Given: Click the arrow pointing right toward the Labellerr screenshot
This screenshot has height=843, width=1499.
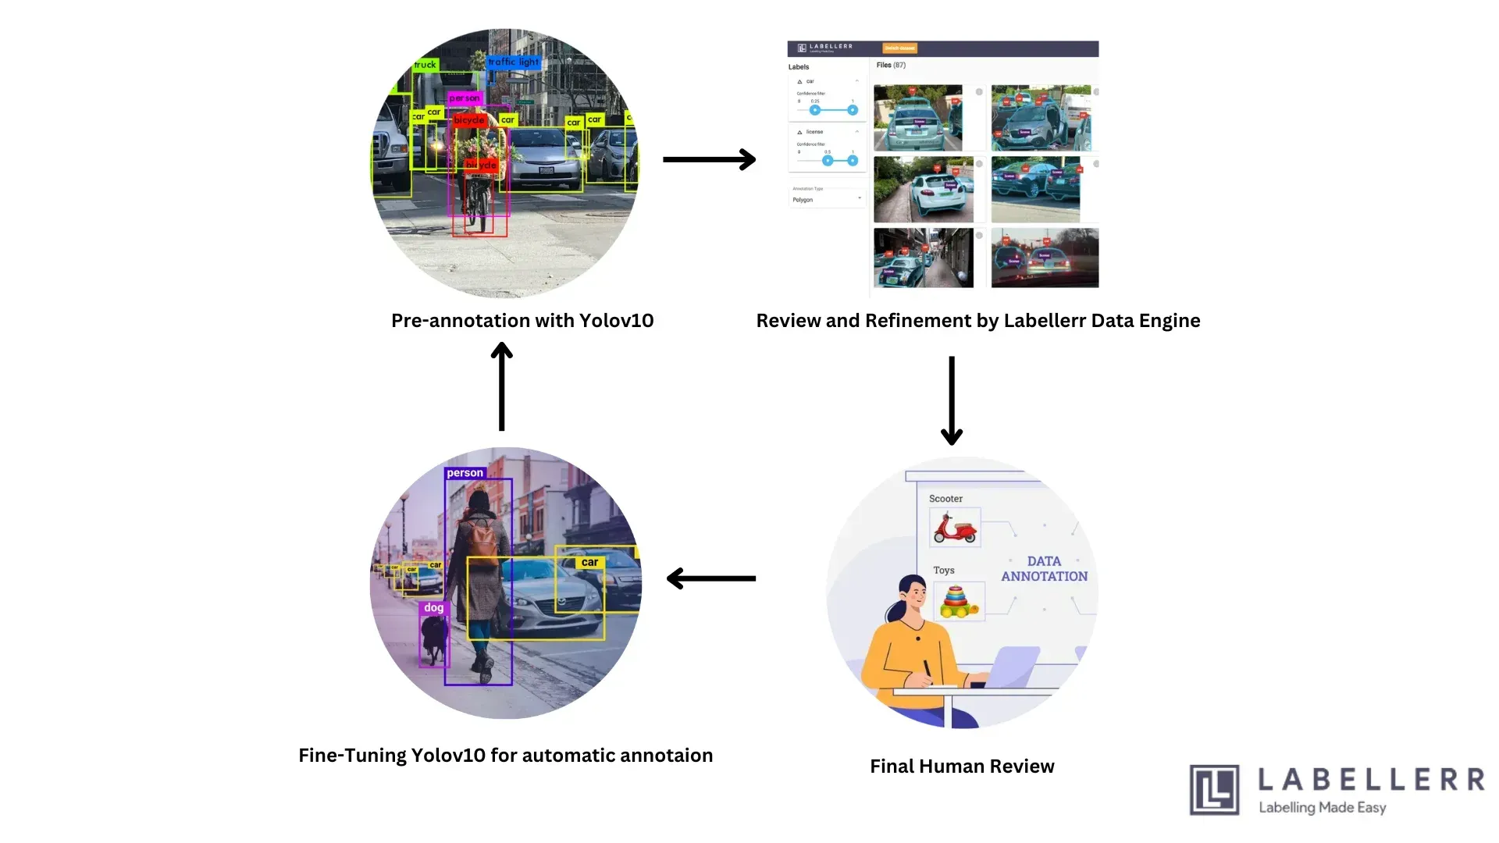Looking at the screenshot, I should tap(709, 159).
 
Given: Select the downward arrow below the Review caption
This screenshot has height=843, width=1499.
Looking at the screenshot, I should tap(951, 400).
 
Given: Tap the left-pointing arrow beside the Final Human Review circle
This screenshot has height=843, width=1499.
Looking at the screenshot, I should tap(710, 578).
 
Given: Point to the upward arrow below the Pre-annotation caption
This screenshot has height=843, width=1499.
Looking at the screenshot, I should tap(501, 387).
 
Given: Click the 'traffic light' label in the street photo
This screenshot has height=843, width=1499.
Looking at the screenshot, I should tap(513, 62).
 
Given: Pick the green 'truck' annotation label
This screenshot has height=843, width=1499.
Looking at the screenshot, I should tap(425, 65).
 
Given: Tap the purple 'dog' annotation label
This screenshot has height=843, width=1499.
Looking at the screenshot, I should tap(433, 607).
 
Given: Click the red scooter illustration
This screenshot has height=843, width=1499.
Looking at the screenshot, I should tap(954, 528).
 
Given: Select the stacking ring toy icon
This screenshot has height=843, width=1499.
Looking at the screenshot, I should tap(959, 601).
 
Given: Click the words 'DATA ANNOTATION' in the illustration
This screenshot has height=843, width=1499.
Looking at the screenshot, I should tap(1044, 568).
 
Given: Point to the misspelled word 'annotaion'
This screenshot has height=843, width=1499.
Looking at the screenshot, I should tap(666, 756).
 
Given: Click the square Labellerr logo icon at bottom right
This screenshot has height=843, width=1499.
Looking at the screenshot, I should tap(1214, 790).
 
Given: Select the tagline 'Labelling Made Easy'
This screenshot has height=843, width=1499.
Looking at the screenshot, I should tap(1322, 807).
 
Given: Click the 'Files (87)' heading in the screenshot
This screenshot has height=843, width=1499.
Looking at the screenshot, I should tap(891, 66).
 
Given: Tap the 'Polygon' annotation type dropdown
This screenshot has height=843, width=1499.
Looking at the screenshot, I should tap(826, 200).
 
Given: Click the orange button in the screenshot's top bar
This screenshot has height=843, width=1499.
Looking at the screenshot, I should tap(899, 48).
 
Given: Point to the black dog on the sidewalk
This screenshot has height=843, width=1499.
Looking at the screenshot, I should tap(433, 638).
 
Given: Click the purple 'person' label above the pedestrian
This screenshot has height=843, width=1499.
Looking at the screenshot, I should tap(465, 473).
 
